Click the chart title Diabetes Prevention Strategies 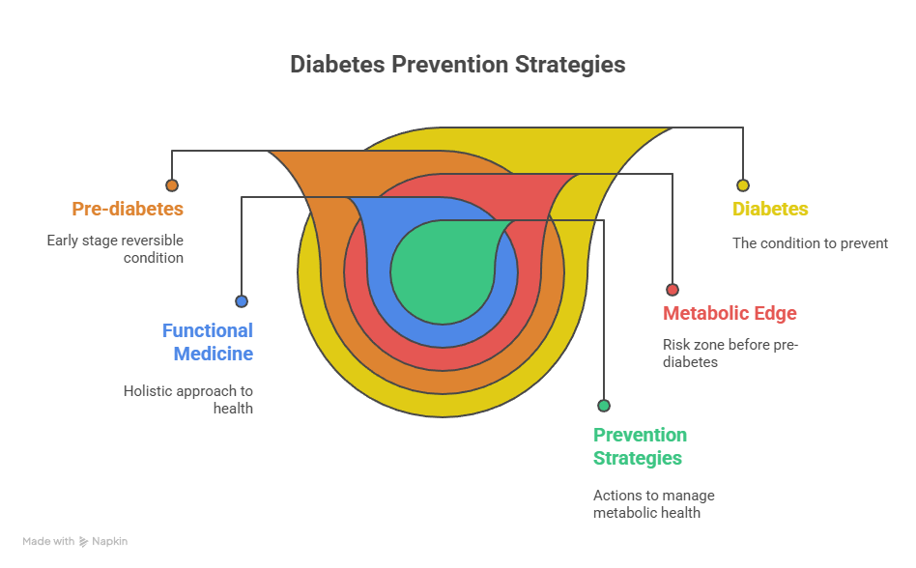[458, 65]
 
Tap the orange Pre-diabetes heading [128, 209]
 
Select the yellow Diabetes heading [770, 209]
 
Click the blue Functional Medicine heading [207, 342]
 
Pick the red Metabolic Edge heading [730, 313]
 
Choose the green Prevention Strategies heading [640, 446]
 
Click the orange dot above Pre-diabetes [172, 185]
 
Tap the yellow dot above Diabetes [742, 185]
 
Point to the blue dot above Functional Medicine [242, 301]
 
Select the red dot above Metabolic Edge [673, 290]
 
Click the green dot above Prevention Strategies [604, 406]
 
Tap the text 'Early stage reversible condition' [115, 249]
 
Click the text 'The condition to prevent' [810, 243]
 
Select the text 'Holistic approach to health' [187, 400]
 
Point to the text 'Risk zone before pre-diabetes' [730, 353]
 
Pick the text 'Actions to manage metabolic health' [653, 503]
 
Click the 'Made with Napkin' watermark [75, 542]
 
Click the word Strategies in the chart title [570, 65]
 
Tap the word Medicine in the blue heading [214, 354]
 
